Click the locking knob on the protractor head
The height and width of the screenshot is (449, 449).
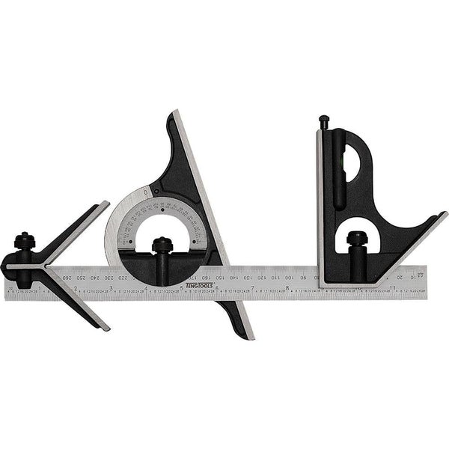click(160, 245)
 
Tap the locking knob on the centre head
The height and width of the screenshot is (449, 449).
click(24, 241)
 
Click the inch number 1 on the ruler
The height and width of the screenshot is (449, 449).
click(42, 287)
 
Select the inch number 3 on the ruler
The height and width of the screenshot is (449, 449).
click(112, 287)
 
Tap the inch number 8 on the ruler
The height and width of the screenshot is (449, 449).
click(288, 287)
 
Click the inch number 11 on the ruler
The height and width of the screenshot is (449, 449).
click(394, 287)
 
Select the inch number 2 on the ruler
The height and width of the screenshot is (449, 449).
click(76, 287)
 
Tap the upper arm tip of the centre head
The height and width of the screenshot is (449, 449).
click(105, 205)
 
